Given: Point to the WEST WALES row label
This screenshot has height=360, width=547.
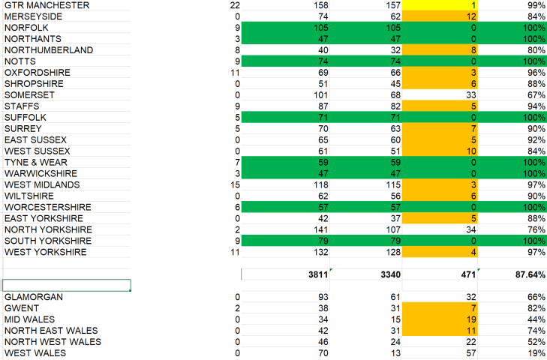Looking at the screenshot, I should click(x=35, y=353).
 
